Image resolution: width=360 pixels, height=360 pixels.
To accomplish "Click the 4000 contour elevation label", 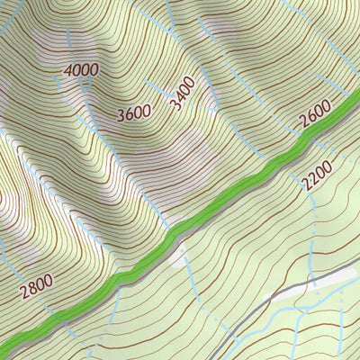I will pyautogui.click(x=82, y=69).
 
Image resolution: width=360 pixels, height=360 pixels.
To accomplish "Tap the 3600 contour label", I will pyautogui.click(x=135, y=113).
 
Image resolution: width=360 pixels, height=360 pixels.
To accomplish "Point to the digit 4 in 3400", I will pyautogui.click(x=179, y=97).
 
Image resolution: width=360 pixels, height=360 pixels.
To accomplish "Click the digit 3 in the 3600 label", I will pyautogui.click(x=121, y=116).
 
